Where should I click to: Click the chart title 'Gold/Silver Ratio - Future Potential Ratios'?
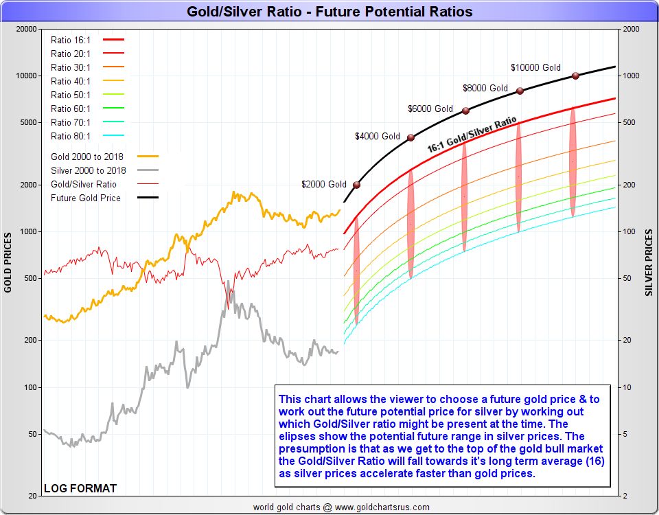coord(329,12)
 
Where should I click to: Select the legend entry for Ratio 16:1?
coord(71,40)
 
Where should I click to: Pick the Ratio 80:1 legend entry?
coord(71,136)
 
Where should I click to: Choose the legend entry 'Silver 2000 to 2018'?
coord(89,170)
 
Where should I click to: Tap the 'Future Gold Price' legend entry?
coord(86,198)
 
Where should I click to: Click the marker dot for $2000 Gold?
coord(356,185)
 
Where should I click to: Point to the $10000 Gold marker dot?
coord(576,76)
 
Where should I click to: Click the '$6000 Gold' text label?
coord(430,108)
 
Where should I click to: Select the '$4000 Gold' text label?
coord(378,137)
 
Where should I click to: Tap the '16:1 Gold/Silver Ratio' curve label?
coord(472,135)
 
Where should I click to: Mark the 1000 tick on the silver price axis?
coord(631,76)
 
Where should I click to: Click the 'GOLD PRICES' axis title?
coord(8,262)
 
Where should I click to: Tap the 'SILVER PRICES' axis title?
coord(649,262)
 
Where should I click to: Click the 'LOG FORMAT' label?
coord(80,488)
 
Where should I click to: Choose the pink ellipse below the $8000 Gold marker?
coord(519,176)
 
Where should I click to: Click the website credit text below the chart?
coord(341,507)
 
